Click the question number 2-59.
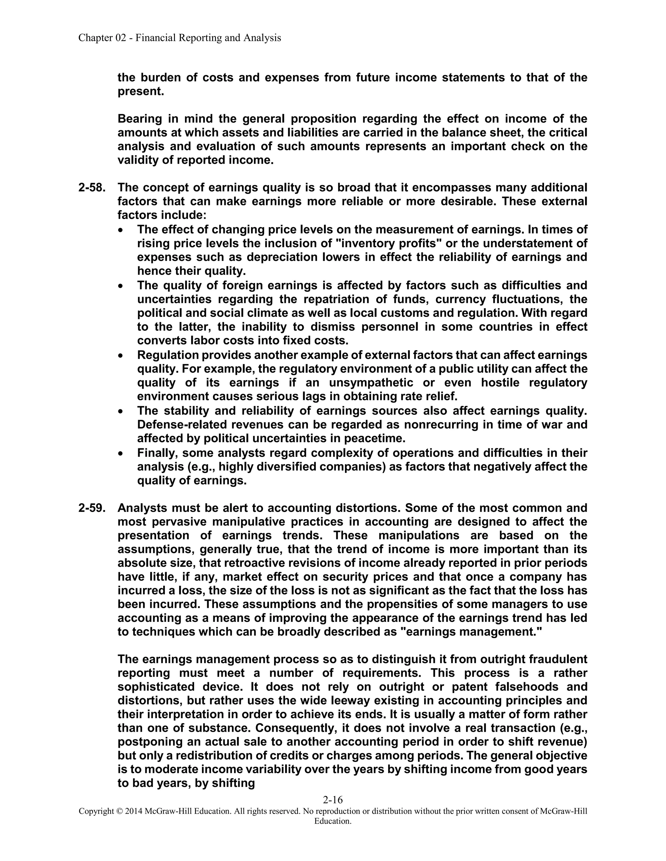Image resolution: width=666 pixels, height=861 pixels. tap(91, 508)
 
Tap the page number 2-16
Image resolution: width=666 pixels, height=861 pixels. tap(333, 800)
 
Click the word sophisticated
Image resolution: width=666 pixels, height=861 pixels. tap(156, 687)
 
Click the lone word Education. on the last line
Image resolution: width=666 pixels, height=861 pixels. tap(333, 821)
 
